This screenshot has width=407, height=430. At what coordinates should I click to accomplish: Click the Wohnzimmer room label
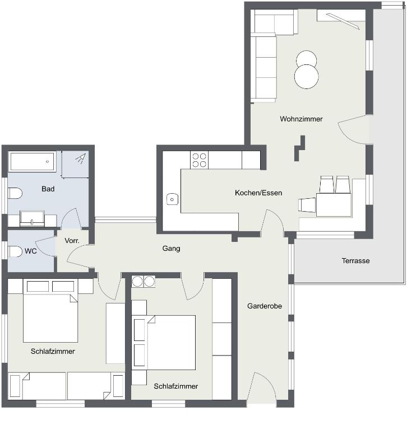[x=301, y=119]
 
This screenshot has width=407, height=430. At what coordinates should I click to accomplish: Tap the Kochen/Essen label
[x=258, y=193]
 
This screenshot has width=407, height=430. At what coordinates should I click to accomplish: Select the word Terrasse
[x=355, y=260]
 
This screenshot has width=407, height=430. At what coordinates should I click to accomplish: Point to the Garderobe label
[x=265, y=306]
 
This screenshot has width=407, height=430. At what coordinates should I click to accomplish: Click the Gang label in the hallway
[x=171, y=249]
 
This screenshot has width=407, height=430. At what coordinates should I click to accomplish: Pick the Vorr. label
[x=72, y=241]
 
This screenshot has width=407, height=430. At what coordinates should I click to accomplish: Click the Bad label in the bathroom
[x=48, y=189]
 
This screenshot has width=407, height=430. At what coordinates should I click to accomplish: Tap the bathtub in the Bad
[x=33, y=161]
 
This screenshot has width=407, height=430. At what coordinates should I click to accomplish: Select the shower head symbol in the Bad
[x=81, y=158]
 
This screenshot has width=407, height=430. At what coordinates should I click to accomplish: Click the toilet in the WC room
[x=15, y=251]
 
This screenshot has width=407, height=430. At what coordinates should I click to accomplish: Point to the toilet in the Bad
[x=15, y=193]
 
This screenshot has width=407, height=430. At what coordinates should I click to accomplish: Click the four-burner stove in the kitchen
[x=199, y=160]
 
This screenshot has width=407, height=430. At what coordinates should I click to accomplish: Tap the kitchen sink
[x=172, y=199]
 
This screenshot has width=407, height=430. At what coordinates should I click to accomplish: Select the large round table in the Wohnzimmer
[x=307, y=77]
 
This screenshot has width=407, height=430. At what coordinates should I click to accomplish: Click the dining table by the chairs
[x=334, y=205]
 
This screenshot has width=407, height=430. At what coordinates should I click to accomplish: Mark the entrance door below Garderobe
[x=261, y=387]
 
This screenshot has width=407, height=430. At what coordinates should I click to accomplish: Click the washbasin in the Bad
[x=32, y=218]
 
